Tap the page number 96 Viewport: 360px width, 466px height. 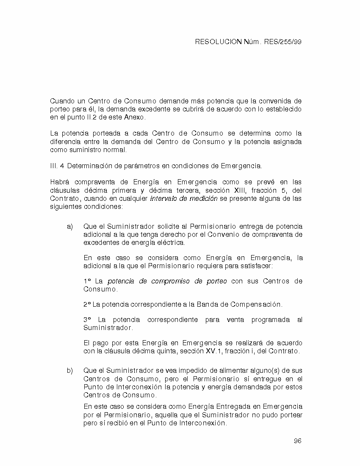pyautogui.click(x=297, y=441)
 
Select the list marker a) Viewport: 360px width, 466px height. pyautogui.click(x=70, y=227)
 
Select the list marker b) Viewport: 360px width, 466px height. pyautogui.click(x=70, y=371)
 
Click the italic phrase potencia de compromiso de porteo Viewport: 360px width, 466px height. pyautogui.click(x=167, y=281)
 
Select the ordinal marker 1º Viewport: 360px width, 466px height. pyautogui.click(x=87, y=281)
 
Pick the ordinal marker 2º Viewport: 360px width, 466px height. pyautogui.click(x=87, y=305)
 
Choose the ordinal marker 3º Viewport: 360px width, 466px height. pyautogui.click(x=87, y=319)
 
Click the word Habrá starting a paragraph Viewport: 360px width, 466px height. pyautogui.click(x=60, y=182)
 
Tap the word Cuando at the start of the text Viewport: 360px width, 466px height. pyautogui.click(x=62, y=101)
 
